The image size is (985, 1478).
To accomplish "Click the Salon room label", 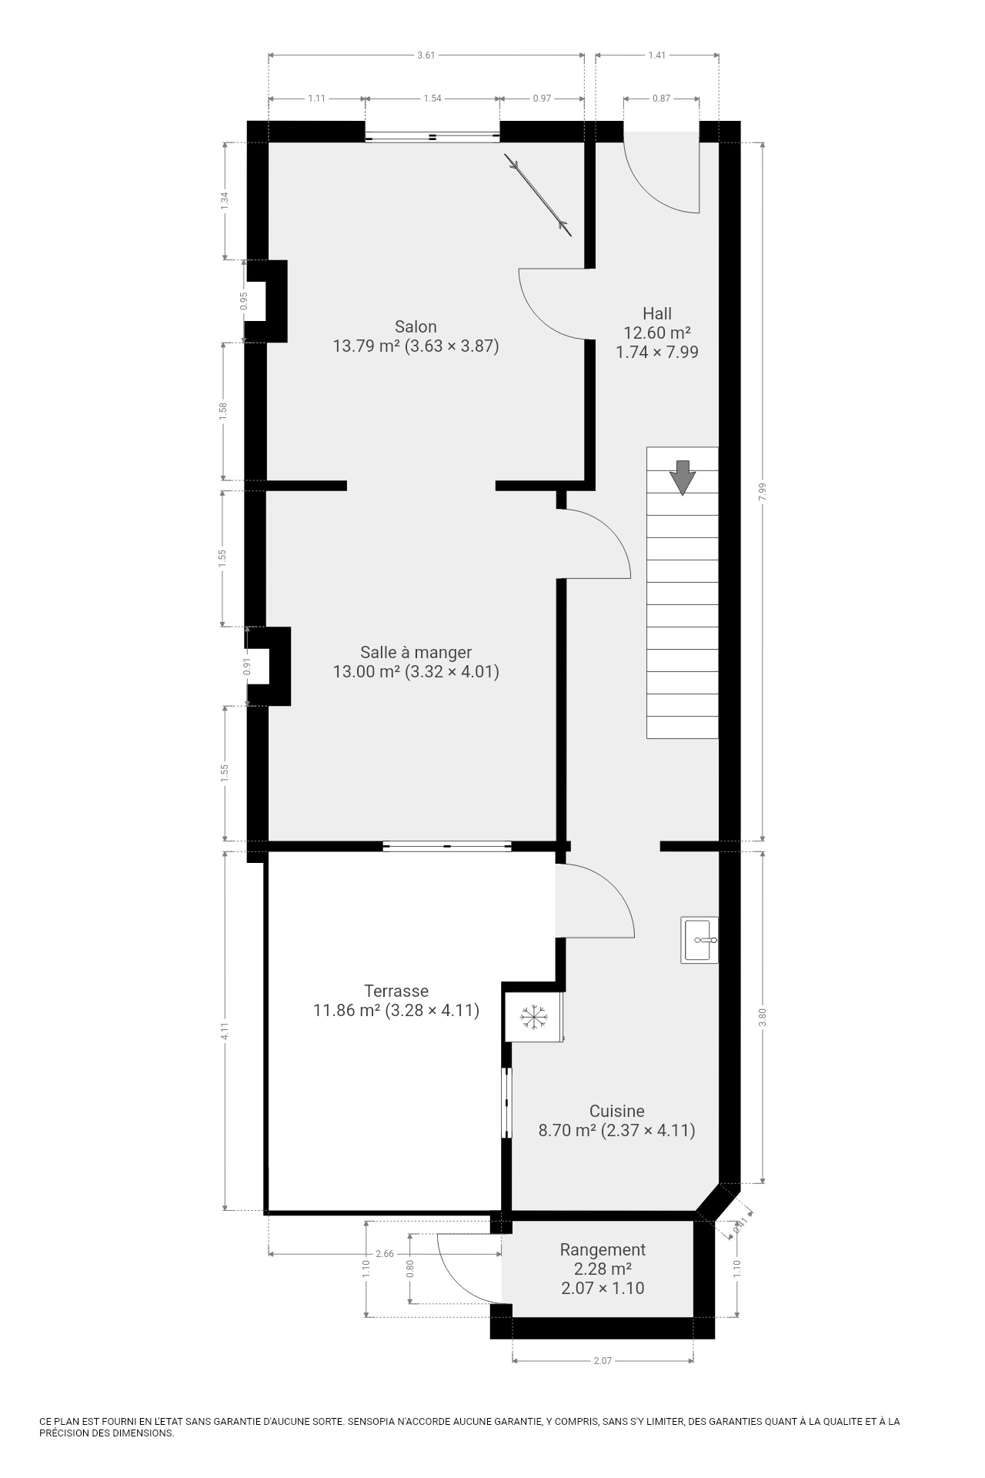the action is (x=416, y=326).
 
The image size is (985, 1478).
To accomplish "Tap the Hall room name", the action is (x=657, y=313).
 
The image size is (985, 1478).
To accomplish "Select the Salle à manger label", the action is (x=416, y=653).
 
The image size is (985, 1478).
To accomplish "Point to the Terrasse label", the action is (x=396, y=991).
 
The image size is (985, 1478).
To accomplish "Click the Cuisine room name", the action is (x=617, y=1111).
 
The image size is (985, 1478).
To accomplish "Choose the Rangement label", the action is (x=603, y=1249).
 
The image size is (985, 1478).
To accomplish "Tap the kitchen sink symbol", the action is (x=700, y=940).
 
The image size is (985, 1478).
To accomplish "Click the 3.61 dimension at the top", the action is (x=426, y=55).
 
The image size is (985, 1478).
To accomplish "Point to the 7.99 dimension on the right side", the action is (x=763, y=493).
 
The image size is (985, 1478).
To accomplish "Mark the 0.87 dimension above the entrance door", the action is (x=661, y=98).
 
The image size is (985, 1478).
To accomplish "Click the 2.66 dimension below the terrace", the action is (x=385, y=1254).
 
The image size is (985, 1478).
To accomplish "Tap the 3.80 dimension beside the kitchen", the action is (x=763, y=1017).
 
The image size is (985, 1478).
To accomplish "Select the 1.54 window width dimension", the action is (x=432, y=98).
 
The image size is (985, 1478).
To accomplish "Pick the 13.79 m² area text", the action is (x=366, y=346).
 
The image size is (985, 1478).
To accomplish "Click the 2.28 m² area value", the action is (x=603, y=1269).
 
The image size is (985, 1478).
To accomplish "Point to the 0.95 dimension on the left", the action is (x=244, y=301).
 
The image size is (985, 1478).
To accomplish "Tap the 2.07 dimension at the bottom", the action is (x=603, y=1360).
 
